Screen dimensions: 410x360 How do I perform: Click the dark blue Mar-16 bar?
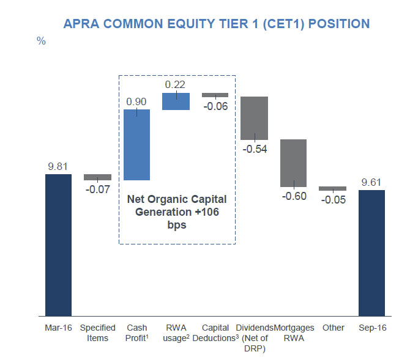click(x=58, y=245)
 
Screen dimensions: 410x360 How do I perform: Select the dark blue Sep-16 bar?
click(x=371, y=253)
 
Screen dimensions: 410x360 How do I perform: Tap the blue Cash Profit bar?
click(x=136, y=145)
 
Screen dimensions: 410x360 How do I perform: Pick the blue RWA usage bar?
click(x=176, y=101)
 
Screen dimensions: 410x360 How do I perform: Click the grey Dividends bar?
click(x=254, y=118)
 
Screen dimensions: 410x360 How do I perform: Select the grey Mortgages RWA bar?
click(x=293, y=163)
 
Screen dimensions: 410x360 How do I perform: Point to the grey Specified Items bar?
click(x=97, y=177)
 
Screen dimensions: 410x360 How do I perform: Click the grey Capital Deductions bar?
click(x=215, y=95)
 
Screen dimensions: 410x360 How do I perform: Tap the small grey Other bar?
click(x=333, y=188)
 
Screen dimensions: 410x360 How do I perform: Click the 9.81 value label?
click(x=58, y=166)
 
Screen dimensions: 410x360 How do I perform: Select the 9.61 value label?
click(x=371, y=182)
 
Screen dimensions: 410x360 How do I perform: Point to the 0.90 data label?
click(x=136, y=101)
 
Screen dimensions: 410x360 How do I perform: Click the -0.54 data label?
click(x=255, y=149)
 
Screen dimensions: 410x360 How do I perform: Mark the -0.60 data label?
click(x=294, y=196)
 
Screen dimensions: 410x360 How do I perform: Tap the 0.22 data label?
click(x=175, y=84)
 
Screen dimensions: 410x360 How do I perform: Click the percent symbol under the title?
click(x=41, y=41)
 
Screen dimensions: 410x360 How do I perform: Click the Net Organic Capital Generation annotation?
click(x=177, y=212)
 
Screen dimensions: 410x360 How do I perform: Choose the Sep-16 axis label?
click(x=373, y=328)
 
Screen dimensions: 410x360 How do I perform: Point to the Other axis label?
click(x=334, y=328)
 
